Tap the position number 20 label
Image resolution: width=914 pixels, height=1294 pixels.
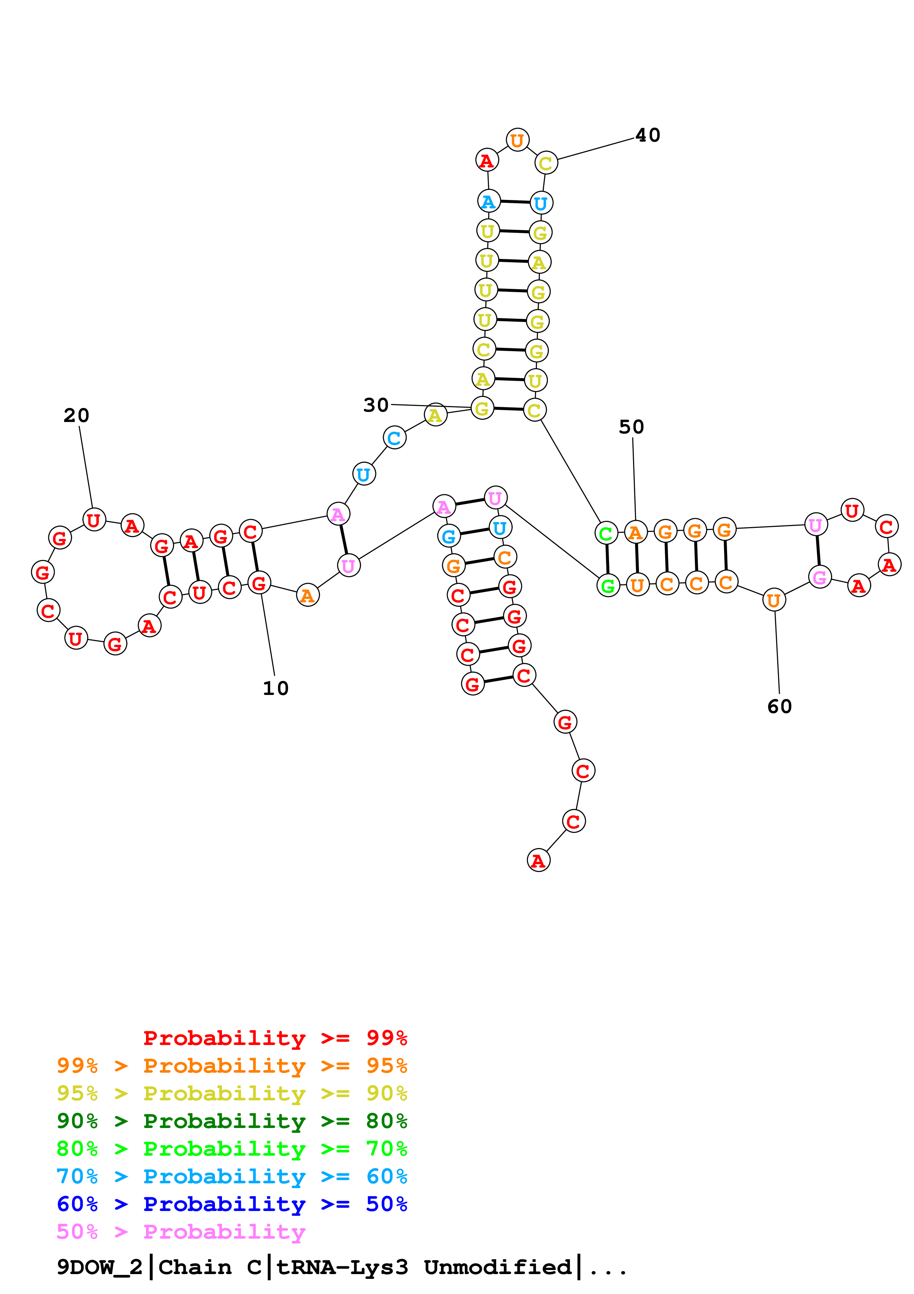[x=76, y=415]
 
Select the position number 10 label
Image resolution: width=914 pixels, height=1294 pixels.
[x=275, y=688]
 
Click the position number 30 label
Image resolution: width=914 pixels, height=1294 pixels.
[x=376, y=405]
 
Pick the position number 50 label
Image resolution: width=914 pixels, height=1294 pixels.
[x=631, y=427]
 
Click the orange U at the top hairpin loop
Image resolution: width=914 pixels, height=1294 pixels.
[x=517, y=140]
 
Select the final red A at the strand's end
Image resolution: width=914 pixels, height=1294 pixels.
[x=538, y=861]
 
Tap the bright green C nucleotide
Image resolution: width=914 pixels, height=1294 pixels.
[x=606, y=533]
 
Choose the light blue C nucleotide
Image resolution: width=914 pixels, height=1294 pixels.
[x=394, y=437]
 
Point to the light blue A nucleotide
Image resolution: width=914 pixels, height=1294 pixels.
[x=488, y=201]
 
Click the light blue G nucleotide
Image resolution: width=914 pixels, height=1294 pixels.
[x=449, y=536]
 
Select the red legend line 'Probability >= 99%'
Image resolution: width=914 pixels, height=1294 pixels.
[x=275, y=1038]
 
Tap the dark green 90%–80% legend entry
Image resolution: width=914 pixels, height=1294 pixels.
[x=232, y=1120]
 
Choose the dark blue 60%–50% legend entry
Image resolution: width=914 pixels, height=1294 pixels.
[x=232, y=1204]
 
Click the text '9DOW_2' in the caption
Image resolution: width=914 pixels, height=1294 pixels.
[x=99, y=1267]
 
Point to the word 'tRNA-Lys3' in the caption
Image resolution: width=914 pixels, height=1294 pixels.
[x=342, y=1267]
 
